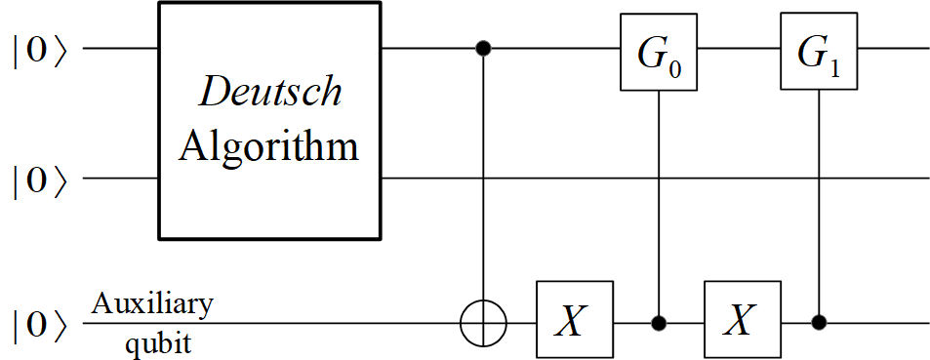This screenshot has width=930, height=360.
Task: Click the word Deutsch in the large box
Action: (x=270, y=93)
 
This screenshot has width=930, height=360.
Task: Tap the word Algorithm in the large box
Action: (x=270, y=147)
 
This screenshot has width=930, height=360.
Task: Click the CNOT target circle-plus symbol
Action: (x=483, y=320)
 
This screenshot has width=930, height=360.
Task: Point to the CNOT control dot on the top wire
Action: (x=483, y=48)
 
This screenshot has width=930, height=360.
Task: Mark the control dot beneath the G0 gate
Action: (x=660, y=320)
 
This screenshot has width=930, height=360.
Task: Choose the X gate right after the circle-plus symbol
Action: (x=573, y=320)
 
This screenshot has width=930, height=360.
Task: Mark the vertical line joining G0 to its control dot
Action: (x=660, y=195)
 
